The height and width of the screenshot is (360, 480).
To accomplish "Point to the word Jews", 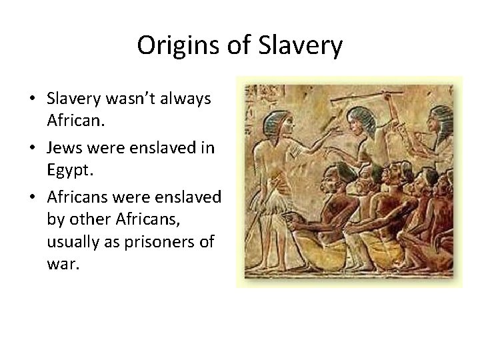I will [63, 147].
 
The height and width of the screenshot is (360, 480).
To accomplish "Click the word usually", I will [74, 241].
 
